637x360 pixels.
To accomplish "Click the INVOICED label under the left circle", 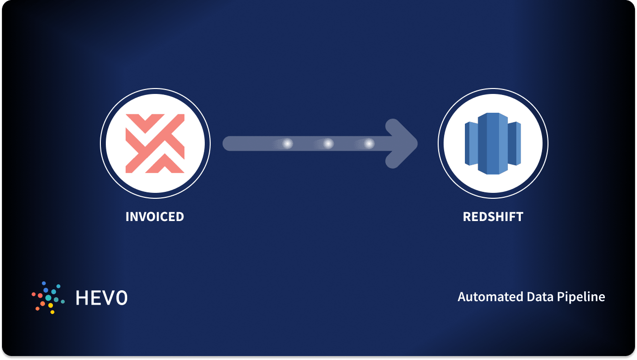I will click(x=155, y=217).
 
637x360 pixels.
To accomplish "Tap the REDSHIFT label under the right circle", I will click(x=493, y=217).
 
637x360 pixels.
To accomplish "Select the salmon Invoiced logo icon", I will click(x=155, y=143).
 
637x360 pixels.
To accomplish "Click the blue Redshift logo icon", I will click(x=493, y=143).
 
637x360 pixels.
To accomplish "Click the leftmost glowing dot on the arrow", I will click(x=287, y=143).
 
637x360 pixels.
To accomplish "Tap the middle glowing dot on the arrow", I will click(x=328, y=143).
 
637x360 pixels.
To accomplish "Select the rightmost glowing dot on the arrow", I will click(x=369, y=143).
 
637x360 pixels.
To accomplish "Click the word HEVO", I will click(x=101, y=298).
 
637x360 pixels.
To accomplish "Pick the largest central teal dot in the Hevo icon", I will click(x=48, y=298).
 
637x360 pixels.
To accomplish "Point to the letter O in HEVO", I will click(x=121, y=298).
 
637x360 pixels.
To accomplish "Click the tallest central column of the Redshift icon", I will click(x=493, y=143).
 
